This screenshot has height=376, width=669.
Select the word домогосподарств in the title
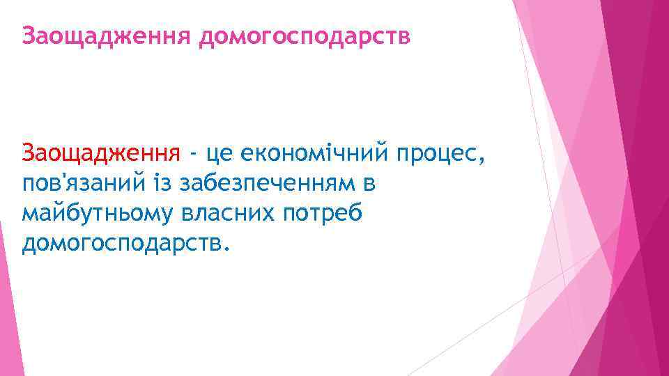point(305,35)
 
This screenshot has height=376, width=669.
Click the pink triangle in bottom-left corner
point(8,327)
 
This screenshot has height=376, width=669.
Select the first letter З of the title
point(28,35)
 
